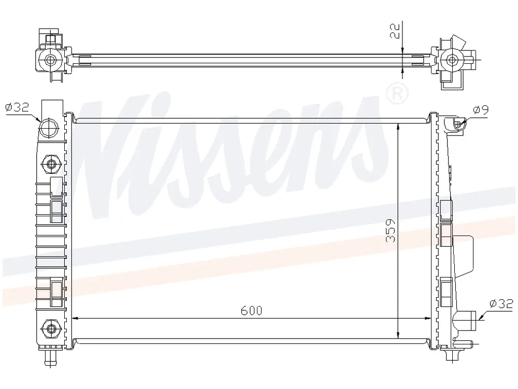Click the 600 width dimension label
[x=251, y=311]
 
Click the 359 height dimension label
[x=391, y=231]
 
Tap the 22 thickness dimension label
[x=395, y=31]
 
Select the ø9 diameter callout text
[x=481, y=109]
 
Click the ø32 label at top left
[x=17, y=107]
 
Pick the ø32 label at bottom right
[x=501, y=303]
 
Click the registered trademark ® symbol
[x=397, y=94]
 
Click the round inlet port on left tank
[x=49, y=128]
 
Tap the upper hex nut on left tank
[x=51, y=163]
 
